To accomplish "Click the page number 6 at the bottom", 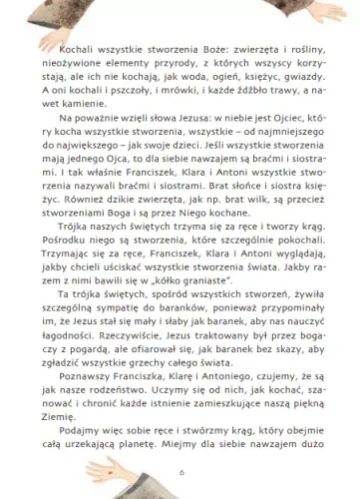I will [180, 471].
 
